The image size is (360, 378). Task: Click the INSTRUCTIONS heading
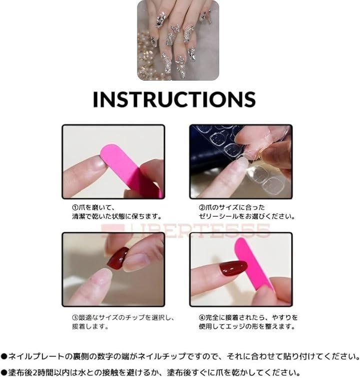click(x=174, y=99)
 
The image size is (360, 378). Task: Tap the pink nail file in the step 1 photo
click(x=131, y=170)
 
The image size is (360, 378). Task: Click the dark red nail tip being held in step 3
click(x=118, y=258)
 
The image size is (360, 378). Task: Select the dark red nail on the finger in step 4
click(x=233, y=268)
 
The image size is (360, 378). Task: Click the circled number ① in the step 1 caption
click(x=75, y=207)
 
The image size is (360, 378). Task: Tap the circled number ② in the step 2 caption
click(x=202, y=207)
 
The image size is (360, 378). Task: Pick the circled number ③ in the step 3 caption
click(x=75, y=317)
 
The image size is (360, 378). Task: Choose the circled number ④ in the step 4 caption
click(x=202, y=317)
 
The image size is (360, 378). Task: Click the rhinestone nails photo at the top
click(x=178, y=40)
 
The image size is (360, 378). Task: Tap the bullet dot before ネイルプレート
click(x=4, y=356)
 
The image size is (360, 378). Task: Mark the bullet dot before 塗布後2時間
click(x=4, y=372)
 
